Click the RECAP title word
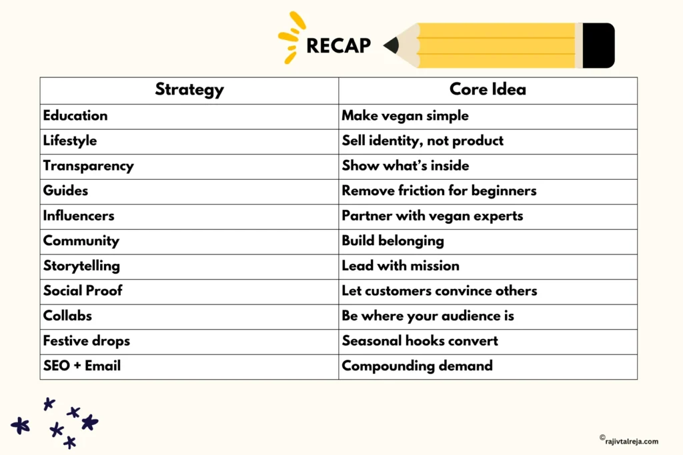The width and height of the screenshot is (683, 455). click(x=338, y=46)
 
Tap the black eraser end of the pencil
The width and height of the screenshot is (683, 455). click(x=598, y=45)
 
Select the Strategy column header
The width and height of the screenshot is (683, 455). click(x=189, y=89)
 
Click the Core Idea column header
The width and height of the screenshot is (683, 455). click(x=488, y=89)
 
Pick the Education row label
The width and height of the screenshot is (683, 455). click(x=75, y=115)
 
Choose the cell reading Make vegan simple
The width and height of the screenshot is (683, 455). click(x=405, y=115)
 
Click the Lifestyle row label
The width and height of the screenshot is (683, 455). click(x=70, y=141)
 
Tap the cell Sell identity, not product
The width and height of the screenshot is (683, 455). click(x=422, y=141)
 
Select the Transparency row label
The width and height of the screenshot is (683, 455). click(x=88, y=166)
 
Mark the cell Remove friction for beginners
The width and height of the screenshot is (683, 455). click(x=439, y=191)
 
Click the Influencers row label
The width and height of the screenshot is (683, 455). click(x=79, y=216)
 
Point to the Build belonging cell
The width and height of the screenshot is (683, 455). click(x=393, y=240)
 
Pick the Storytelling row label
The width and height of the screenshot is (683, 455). click(x=81, y=266)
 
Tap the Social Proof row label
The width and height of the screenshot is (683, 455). click(x=83, y=290)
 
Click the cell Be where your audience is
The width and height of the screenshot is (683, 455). click(x=428, y=316)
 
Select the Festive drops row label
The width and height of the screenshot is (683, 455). click(x=87, y=340)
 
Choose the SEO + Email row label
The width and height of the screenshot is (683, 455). click(x=81, y=366)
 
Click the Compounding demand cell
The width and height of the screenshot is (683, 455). click(x=417, y=366)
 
